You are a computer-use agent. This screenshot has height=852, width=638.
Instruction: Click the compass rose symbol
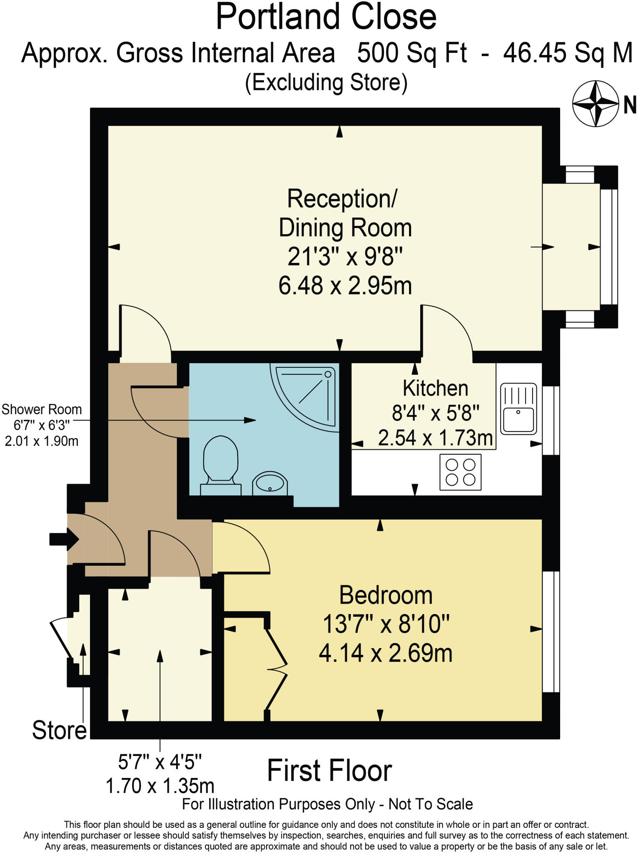(595, 104)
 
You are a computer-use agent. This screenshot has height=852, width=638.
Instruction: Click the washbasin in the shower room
(270, 483)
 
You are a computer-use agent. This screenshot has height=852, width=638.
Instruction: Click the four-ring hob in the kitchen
(460, 472)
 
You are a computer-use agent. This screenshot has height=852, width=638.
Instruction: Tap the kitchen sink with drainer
(518, 409)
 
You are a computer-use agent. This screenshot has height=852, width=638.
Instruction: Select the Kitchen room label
(435, 388)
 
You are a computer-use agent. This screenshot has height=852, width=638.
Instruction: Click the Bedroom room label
(386, 595)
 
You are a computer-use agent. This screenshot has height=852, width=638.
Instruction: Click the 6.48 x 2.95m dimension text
(345, 286)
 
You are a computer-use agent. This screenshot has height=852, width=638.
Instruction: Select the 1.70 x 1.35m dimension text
(160, 786)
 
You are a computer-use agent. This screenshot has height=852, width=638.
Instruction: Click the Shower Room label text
(42, 409)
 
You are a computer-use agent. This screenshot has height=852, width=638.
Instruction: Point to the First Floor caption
(329, 770)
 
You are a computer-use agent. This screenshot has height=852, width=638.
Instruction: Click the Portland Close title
(326, 17)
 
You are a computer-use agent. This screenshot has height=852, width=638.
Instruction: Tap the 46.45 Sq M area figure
(568, 53)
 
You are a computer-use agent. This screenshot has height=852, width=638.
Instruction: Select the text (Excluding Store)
(326, 82)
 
